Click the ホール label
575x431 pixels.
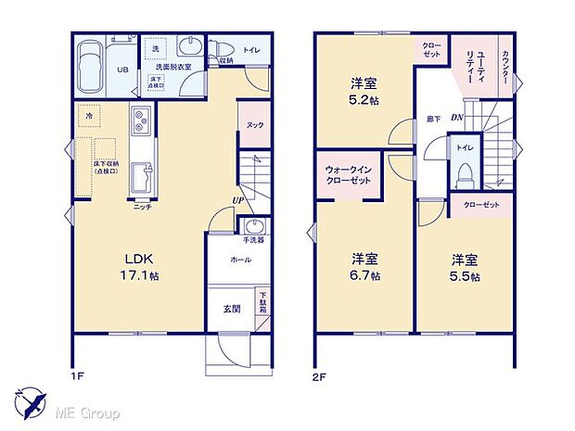241,261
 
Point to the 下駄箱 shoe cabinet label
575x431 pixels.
262,300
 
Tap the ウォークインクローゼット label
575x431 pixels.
349,175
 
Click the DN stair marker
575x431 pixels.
457,118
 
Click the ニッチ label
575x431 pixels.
142,206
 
